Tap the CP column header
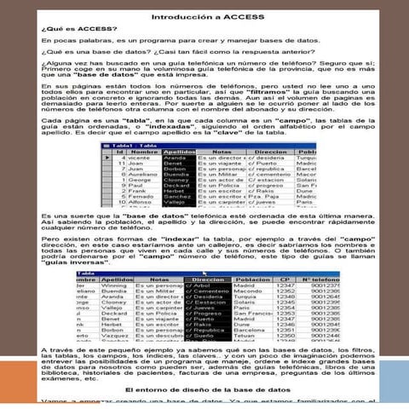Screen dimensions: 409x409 [x=285, y=278]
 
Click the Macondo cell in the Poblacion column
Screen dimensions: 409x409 [x=250, y=291]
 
